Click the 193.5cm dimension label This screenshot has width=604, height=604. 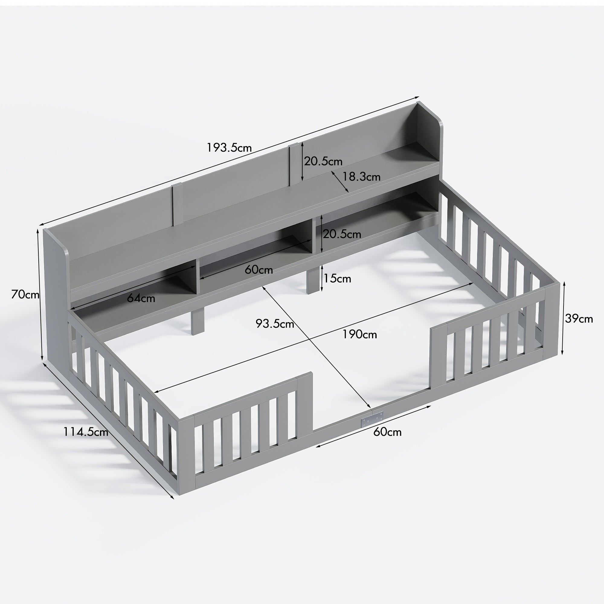(229, 148)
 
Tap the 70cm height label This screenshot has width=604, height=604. (25, 294)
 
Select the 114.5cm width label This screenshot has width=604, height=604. (86, 432)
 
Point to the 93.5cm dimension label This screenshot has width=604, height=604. (275, 323)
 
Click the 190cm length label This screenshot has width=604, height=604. (359, 335)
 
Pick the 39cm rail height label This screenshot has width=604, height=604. (579, 319)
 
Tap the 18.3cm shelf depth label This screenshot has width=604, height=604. (361, 177)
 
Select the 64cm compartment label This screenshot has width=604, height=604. (141, 298)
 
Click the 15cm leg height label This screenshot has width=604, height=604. (337, 278)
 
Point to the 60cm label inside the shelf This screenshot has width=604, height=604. (259, 269)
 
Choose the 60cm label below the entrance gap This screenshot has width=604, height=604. (387, 432)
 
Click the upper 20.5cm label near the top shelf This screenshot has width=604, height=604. (323, 161)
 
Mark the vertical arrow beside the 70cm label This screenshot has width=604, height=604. (40, 294)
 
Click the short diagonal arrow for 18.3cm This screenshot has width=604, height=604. (340, 181)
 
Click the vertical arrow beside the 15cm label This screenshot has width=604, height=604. (322, 278)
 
